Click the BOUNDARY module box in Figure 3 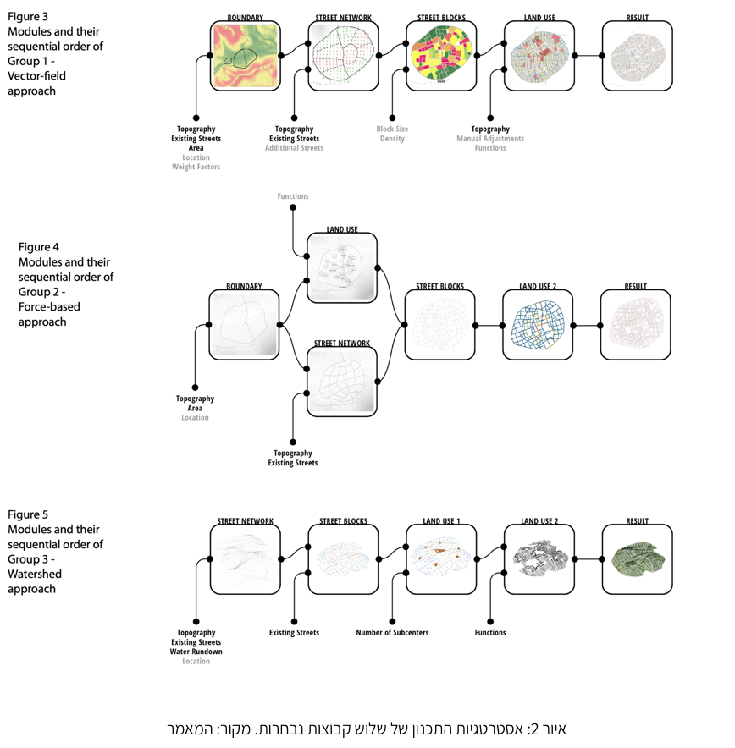pyautogui.click(x=246, y=56)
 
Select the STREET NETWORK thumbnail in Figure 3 pyautogui.click(x=343, y=56)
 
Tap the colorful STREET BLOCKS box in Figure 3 pyautogui.click(x=441, y=56)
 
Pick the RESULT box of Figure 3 pyautogui.click(x=638, y=56)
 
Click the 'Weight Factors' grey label pyautogui.click(x=196, y=167)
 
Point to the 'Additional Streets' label pyautogui.click(x=294, y=148)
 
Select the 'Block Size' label pyautogui.click(x=392, y=129)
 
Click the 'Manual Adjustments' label pyautogui.click(x=490, y=139)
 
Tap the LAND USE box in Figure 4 pyautogui.click(x=342, y=269)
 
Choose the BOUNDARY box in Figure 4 pyautogui.click(x=244, y=325)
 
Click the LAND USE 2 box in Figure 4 pyautogui.click(x=538, y=325)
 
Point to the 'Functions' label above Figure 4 pyautogui.click(x=293, y=196)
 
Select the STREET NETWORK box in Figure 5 pyautogui.click(x=245, y=559)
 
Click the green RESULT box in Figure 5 pyautogui.click(x=637, y=559)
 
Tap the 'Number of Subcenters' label pyautogui.click(x=392, y=633)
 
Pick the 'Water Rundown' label pyautogui.click(x=196, y=652)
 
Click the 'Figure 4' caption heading pyautogui.click(x=39, y=247)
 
